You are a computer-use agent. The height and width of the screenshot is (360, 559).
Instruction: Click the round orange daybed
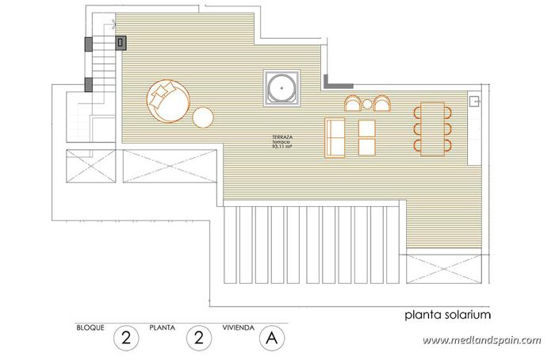point(167,101)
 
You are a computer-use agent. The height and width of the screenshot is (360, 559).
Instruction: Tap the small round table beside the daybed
point(204,117)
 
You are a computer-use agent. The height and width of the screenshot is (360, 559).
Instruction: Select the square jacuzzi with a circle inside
point(281,86)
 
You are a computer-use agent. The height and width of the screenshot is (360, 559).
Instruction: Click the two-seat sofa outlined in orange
point(336,137)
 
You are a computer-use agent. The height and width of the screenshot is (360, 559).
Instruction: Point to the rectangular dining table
point(432,128)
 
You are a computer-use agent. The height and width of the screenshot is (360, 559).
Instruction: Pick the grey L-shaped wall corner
point(332,82)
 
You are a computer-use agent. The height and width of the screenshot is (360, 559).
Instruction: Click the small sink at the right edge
point(474,101)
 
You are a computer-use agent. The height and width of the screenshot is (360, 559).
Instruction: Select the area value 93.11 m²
point(282,147)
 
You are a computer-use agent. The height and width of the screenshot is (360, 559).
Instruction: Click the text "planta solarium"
point(446,315)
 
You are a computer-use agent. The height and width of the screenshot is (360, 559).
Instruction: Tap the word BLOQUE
point(90,327)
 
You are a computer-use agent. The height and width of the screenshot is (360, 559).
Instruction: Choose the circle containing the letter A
point(271,338)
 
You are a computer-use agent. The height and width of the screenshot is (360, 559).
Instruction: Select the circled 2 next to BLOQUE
point(125,338)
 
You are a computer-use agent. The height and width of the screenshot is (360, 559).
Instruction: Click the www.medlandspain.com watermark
point(481,341)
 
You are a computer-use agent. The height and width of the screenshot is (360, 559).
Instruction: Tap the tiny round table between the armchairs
point(368,103)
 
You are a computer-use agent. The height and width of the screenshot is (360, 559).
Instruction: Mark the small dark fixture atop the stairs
point(121,41)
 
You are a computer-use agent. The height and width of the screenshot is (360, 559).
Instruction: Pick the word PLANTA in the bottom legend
point(163,327)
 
